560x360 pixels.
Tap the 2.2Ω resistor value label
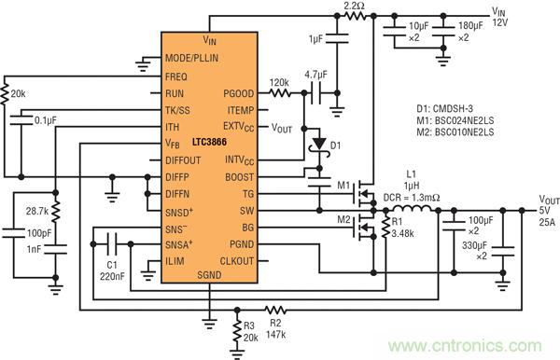[x=355, y=6]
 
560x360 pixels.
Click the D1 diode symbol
[x=320, y=145]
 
